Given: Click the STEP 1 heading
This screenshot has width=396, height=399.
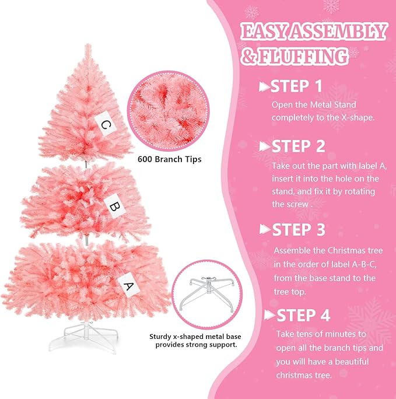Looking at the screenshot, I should click(297, 86).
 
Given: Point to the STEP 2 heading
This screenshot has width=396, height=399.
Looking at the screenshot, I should click(299, 146).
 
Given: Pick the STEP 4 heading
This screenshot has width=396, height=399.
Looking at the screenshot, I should click(303, 315).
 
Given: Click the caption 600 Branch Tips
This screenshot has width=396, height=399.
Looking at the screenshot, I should click(170, 158).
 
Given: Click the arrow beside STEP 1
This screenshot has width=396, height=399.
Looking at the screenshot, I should click(264, 87).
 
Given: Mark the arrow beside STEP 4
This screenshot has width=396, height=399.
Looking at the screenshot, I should click(269, 315).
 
